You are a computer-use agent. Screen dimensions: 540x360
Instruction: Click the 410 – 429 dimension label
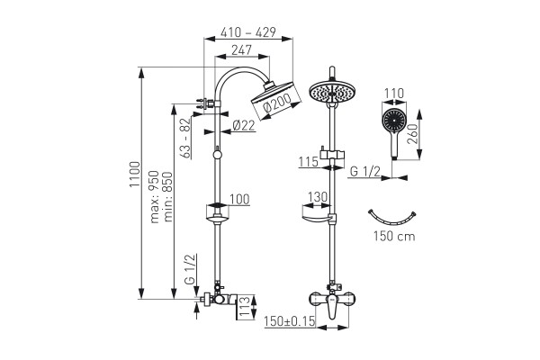tap(248, 32)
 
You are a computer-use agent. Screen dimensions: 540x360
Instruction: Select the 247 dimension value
tap(241, 50)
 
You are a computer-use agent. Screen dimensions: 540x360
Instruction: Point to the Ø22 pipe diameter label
tap(244, 125)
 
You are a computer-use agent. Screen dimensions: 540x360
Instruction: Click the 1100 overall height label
tap(135, 175)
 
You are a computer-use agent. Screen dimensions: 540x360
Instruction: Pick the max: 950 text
tap(154, 197)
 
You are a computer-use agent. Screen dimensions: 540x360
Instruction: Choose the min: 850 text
tap(167, 197)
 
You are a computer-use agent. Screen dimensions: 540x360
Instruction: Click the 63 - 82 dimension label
tap(185, 138)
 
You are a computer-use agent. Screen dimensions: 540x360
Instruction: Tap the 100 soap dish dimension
tap(239, 200)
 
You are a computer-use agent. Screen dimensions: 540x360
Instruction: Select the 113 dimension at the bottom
tap(244, 307)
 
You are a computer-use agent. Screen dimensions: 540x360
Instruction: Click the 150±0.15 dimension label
tap(290, 321)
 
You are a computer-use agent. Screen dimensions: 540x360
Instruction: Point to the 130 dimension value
tap(317, 197)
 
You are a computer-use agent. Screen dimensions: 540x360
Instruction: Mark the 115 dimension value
tap(308, 162)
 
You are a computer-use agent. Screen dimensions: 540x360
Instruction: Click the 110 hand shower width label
tap(393, 94)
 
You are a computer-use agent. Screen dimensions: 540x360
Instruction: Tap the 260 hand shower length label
tap(412, 134)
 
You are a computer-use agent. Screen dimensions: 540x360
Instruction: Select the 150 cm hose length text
tap(394, 237)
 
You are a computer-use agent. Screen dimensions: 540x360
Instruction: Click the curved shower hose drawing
tap(392, 218)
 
